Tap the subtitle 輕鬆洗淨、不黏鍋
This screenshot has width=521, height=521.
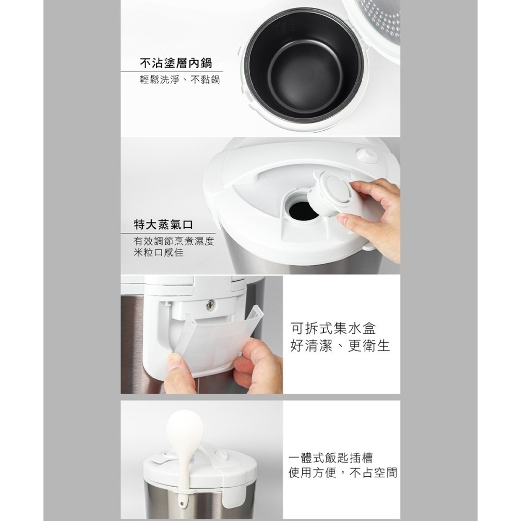[x=176, y=80]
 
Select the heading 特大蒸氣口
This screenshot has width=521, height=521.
[x=163, y=225]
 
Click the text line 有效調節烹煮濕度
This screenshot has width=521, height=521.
[x=173, y=242]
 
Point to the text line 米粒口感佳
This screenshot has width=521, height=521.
[x=158, y=253]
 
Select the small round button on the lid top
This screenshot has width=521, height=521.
[x=368, y=155]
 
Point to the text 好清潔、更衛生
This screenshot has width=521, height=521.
[x=340, y=346]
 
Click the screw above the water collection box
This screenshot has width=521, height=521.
[x=209, y=303]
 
